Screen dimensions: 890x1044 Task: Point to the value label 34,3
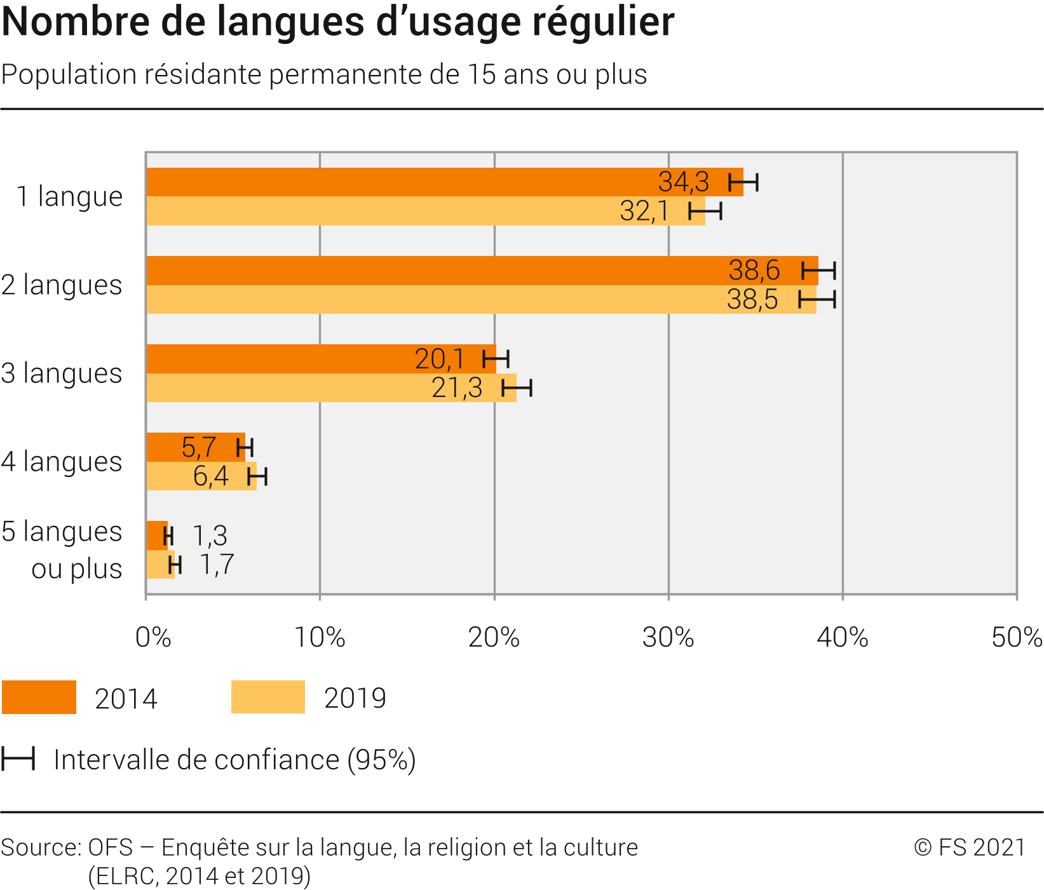point(683,182)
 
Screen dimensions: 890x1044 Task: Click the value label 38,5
point(752,299)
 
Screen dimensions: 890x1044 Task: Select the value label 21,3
point(457,388)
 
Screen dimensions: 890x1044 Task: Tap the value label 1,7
point(217,565)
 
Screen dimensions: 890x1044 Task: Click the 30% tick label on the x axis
point(668,637)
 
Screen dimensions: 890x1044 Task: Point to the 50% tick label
point(1016,637)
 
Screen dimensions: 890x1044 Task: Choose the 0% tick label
point(153,637)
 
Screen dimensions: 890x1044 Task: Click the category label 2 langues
point(62,285)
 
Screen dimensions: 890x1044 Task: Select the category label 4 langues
point(62,461)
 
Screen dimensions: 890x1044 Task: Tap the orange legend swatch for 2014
point(39,697)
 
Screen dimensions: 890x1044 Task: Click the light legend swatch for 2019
point(268,697)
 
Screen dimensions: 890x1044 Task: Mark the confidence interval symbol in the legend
point(18,759)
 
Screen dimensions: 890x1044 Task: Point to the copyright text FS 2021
point(970,847)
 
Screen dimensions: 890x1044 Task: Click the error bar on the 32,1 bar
point(705,211)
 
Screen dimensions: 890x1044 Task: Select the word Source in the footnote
point(40,847)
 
